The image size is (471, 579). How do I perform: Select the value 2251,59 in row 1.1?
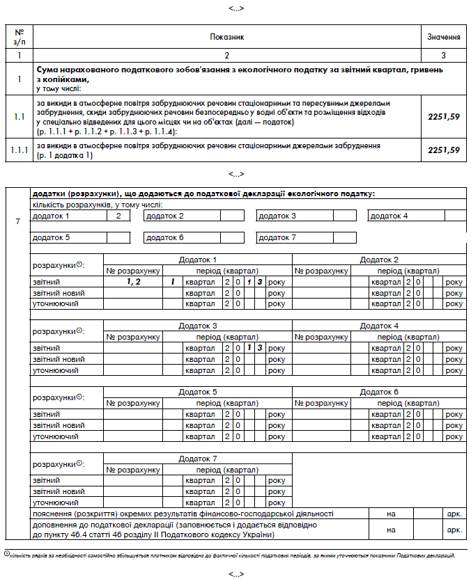click(444, 117)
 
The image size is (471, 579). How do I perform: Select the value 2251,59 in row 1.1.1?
click(444, 150)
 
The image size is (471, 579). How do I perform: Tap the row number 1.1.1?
click(19, 150)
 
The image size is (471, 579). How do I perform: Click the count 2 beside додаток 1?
click(118, 216)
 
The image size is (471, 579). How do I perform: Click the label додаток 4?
click(389, 216)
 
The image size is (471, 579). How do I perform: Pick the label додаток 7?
click(277, 238)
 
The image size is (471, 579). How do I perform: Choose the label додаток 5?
click(52, 238)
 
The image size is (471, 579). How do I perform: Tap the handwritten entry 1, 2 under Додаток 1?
click(133, 282)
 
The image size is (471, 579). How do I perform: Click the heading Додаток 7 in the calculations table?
click(198, 459)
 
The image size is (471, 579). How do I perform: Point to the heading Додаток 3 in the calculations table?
click(198, 326)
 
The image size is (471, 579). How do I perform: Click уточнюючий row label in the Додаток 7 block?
click(55, 502)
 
